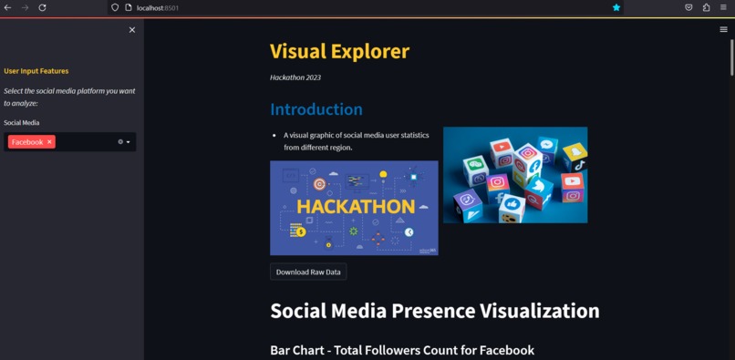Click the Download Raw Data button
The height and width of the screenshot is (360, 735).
tap(308, 272)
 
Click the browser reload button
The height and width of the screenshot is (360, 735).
tap(42, 7)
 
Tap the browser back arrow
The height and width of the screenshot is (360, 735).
tap(8, 7)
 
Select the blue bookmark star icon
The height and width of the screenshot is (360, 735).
tap(616, 7)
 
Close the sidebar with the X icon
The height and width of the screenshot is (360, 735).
tap(132, 30)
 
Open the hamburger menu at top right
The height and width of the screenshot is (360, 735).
tap(724, 30)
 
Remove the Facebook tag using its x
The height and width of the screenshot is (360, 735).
tap(50, 142)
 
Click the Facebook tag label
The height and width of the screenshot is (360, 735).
tap(27, 142)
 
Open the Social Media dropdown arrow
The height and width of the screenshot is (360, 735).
tap(129, 142)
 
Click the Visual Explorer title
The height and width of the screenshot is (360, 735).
tap(339, 52)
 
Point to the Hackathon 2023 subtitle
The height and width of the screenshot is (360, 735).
tap(295, 77)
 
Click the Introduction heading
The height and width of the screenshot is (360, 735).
tap(316, 109)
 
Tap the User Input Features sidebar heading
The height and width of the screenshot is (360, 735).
tap(36, 71)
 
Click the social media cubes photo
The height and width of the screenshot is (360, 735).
tap(515, 175)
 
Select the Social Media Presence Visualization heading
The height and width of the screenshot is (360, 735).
tap(434, 311)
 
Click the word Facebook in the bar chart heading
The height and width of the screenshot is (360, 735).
tap(500, 351)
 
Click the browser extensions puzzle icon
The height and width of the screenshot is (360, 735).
tap(706, 7)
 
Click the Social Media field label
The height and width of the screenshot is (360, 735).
tap(22, 122)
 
